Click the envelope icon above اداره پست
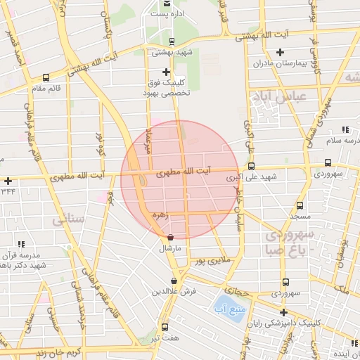click(166, 4)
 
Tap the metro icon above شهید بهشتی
click(173, 41)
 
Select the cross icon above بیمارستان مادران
click(280, 52)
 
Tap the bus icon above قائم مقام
click(46, 78)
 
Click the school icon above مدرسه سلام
click(345, 130)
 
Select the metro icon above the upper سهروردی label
click(328, 162)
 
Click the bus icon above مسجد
click(300, 206)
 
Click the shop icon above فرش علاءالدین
click(174, 281)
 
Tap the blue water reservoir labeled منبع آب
click(229, 307)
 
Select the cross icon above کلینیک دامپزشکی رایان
click(283, 312)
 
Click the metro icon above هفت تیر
click(165, 327)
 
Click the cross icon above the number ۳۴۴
click(7, 181)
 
